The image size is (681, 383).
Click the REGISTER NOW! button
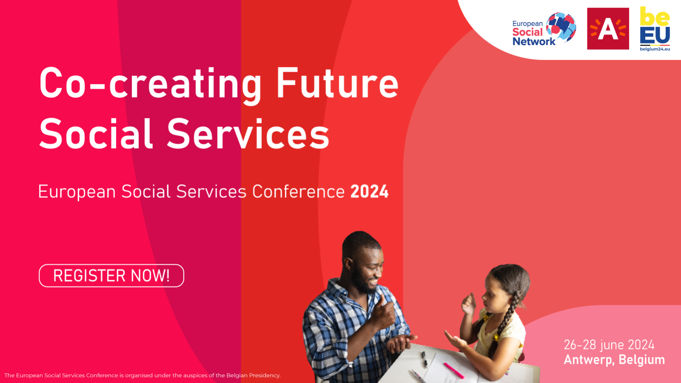coord(111,276)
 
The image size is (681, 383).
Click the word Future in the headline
coord(338,83)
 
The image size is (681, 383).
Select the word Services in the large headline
coord(248,134)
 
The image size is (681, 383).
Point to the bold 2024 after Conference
coord(369,191)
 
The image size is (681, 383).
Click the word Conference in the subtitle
coord(298,191)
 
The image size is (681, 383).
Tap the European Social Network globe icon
coord(561,27)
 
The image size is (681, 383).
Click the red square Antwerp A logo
coord(608,29)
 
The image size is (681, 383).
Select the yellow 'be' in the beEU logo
coord(655,17)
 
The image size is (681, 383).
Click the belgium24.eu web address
coord(655,49)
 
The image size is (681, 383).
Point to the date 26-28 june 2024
coord(609,345)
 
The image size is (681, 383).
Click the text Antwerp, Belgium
coord(615,360)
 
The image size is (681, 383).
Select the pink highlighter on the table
coord(454,371)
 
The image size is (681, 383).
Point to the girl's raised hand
coord(469,304)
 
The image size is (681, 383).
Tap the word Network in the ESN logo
coord(534,41)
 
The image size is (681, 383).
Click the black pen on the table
coord(424,359)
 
